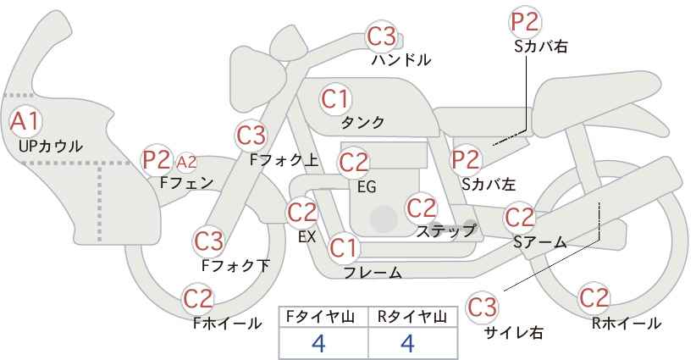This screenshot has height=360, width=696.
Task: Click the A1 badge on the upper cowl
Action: point(25,120)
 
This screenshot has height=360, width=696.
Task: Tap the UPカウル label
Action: point(50,146)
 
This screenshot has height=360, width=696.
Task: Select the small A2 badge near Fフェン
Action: point(186,161)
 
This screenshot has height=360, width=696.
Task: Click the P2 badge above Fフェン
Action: point(157,158)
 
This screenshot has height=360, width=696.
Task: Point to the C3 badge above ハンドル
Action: point(381,36)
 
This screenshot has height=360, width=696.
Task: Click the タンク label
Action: point(362,123)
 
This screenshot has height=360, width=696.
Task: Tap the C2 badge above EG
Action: point(354,161)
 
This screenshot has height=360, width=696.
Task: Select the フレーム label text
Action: point(373,273)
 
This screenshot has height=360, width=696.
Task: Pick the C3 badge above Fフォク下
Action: point(208,241)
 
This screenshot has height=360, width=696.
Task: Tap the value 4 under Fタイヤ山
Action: point(318,343)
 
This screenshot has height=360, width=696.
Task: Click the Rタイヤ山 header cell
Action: point(411,317)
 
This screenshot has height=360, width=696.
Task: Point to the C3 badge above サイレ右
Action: point(483,305)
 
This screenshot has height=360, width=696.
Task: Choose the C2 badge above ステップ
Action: point(421,208)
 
